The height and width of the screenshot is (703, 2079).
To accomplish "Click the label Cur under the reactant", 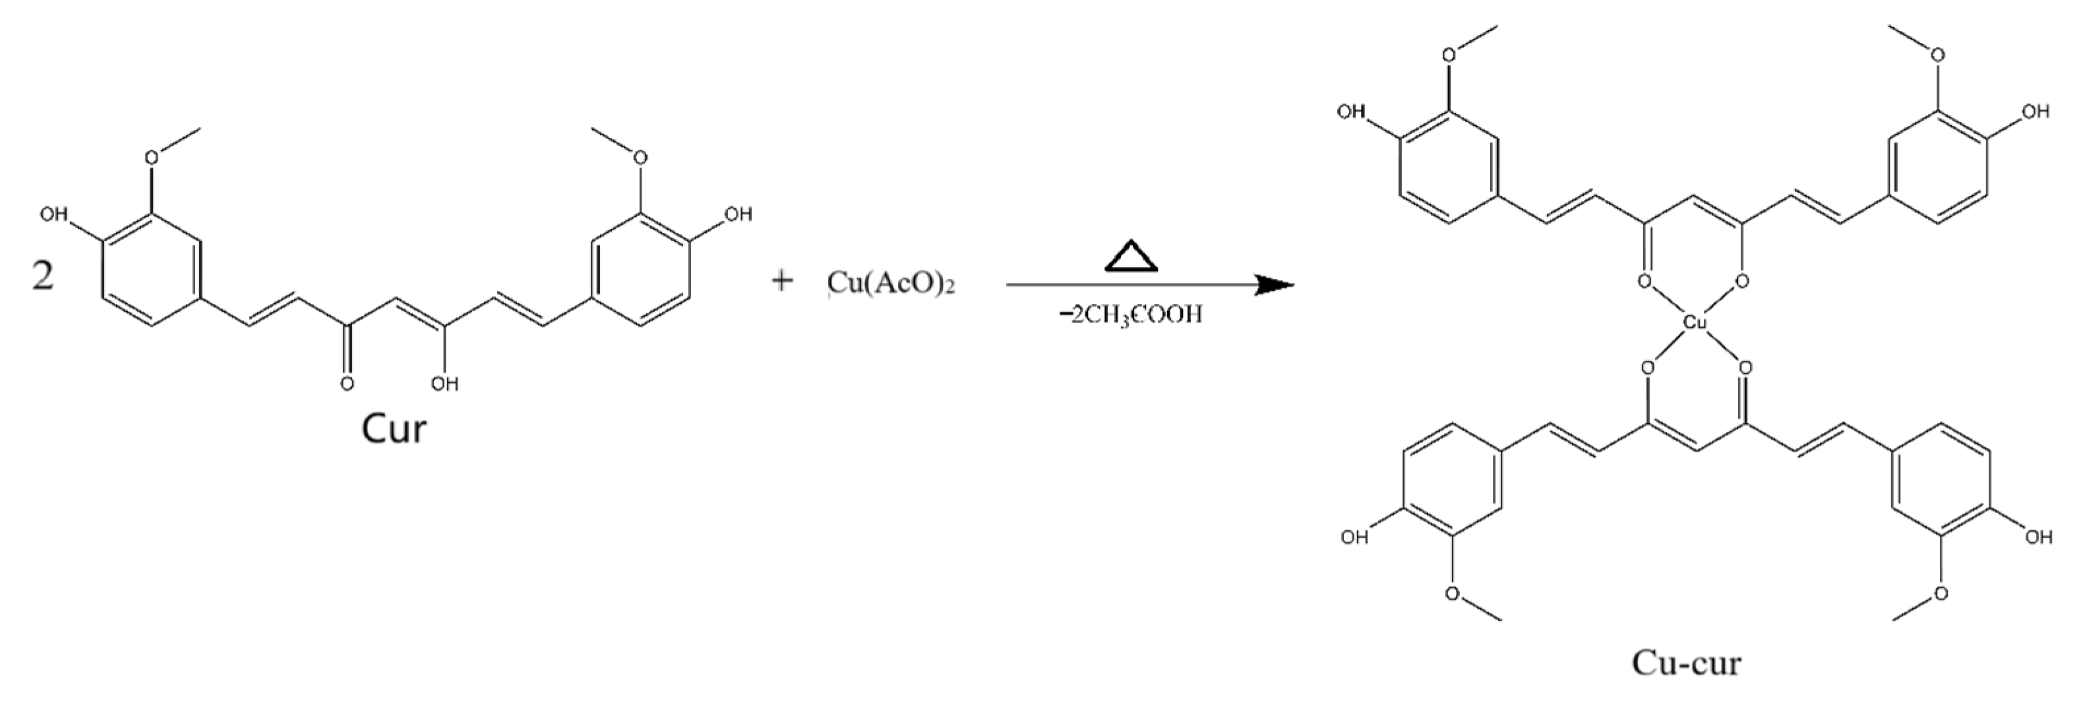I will tap(393, 429).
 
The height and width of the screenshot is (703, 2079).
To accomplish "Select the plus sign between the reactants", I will tap(781, 282).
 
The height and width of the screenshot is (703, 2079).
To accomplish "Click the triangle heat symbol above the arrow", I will tap(1131, 256).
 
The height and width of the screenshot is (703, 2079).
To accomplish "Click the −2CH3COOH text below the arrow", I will tap(1131, 315).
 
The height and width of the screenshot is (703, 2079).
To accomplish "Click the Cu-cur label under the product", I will tap(1686, 663).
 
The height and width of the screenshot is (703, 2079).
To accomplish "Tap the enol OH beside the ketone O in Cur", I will tap(444, 383).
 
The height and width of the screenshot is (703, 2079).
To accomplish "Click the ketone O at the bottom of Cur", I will tap(346, 383).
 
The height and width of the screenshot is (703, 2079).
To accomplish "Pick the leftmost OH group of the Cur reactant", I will tap(54, 215).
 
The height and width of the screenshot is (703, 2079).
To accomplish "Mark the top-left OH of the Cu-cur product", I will tap(1351, 111).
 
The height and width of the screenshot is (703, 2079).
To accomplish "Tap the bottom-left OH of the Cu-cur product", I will tap(1354, 537).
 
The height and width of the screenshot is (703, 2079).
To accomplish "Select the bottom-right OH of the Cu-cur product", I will tap(2038, 537).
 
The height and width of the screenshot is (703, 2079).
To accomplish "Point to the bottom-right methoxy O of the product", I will tap(1941, 594).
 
